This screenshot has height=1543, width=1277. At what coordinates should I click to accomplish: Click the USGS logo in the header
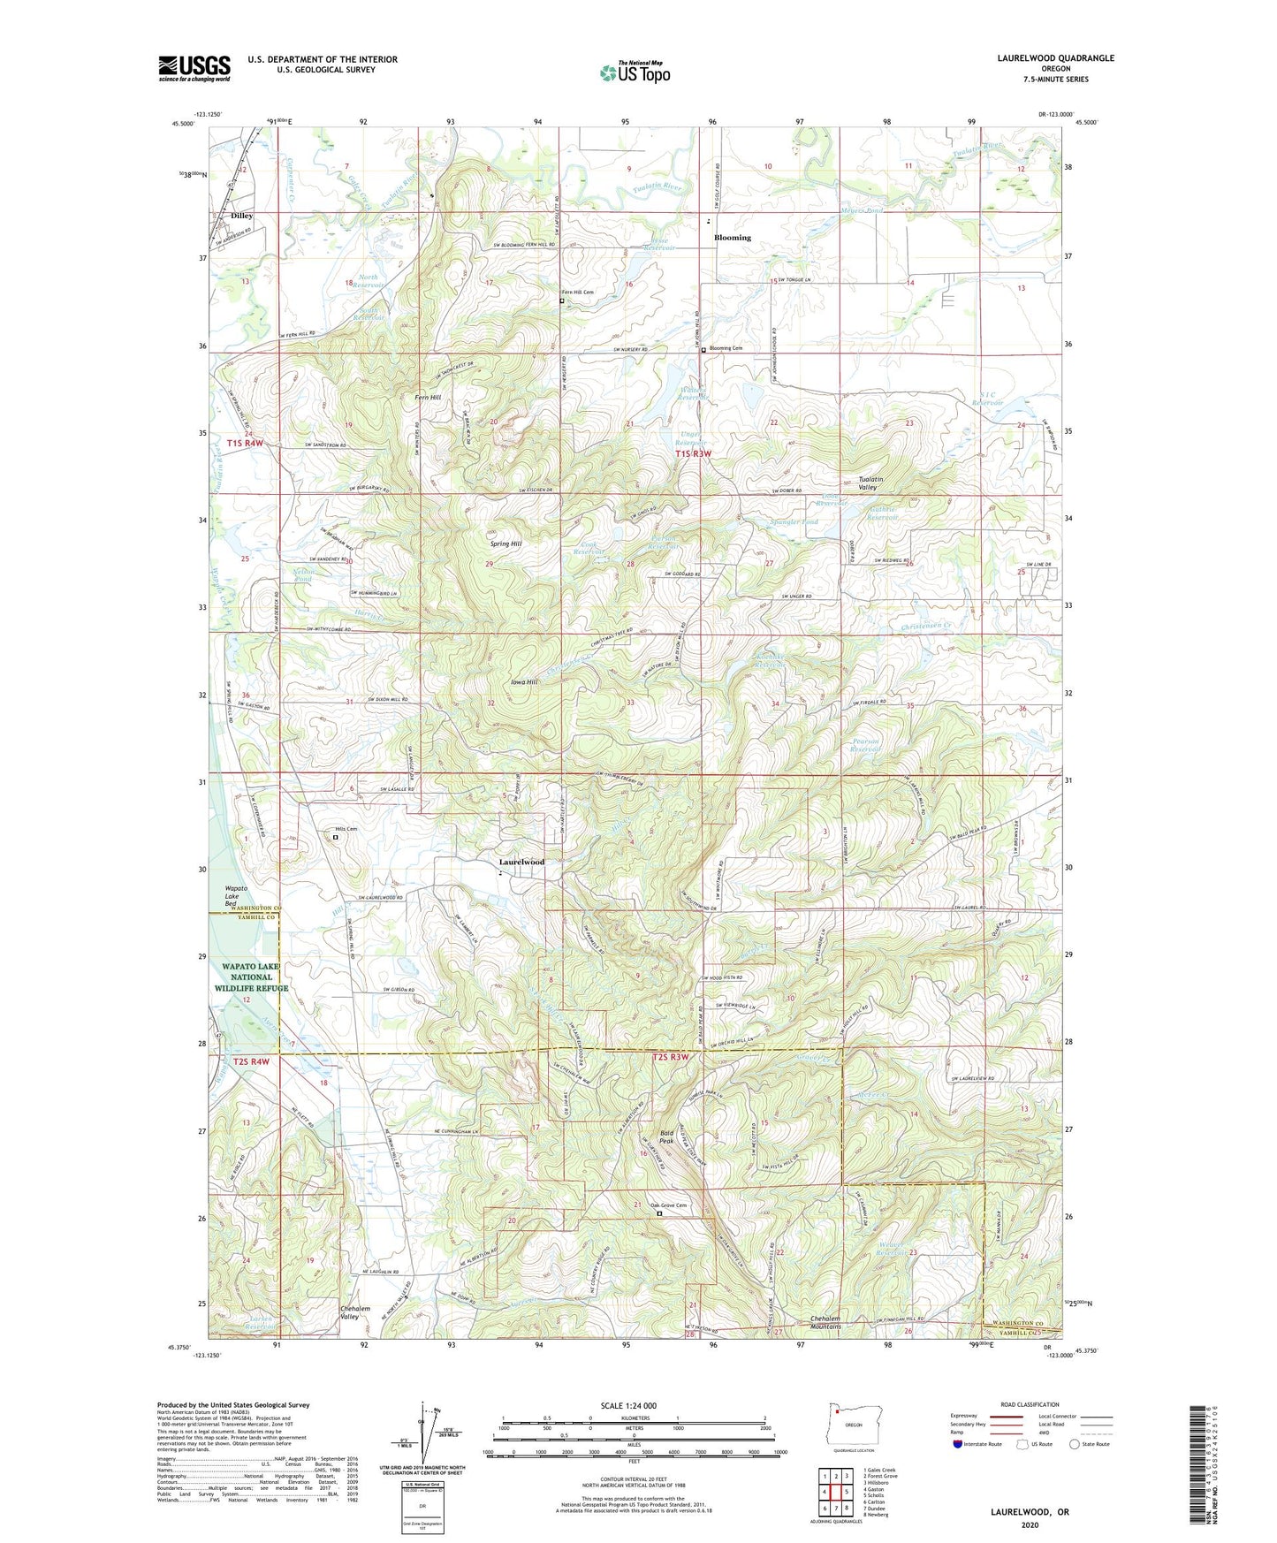click(x=194, y=68)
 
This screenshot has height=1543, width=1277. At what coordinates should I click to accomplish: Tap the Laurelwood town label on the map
click(x=521, y=862)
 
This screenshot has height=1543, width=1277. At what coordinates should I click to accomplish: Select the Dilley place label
click(x=241, y=216)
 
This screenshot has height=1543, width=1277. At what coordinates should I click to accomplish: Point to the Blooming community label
click(x=732, y=238)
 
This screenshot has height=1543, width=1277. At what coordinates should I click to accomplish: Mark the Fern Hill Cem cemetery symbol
click(x=562, y=300)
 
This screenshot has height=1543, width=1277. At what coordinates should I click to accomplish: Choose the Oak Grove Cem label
click(x=668, y=1205)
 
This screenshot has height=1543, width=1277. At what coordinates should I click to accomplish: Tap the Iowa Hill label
click(x=524, y=682)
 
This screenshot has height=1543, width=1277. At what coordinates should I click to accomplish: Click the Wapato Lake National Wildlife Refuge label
click(x=251, y=977)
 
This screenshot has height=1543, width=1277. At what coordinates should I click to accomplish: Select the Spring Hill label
click(x=505, y=543)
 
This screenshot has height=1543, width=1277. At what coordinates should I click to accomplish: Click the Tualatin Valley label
click(x=874, y=483)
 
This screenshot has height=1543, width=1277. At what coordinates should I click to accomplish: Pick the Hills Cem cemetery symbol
click(x=335, y=837)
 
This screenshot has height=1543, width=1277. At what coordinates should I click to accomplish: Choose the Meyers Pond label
click(x=862, y=211)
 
